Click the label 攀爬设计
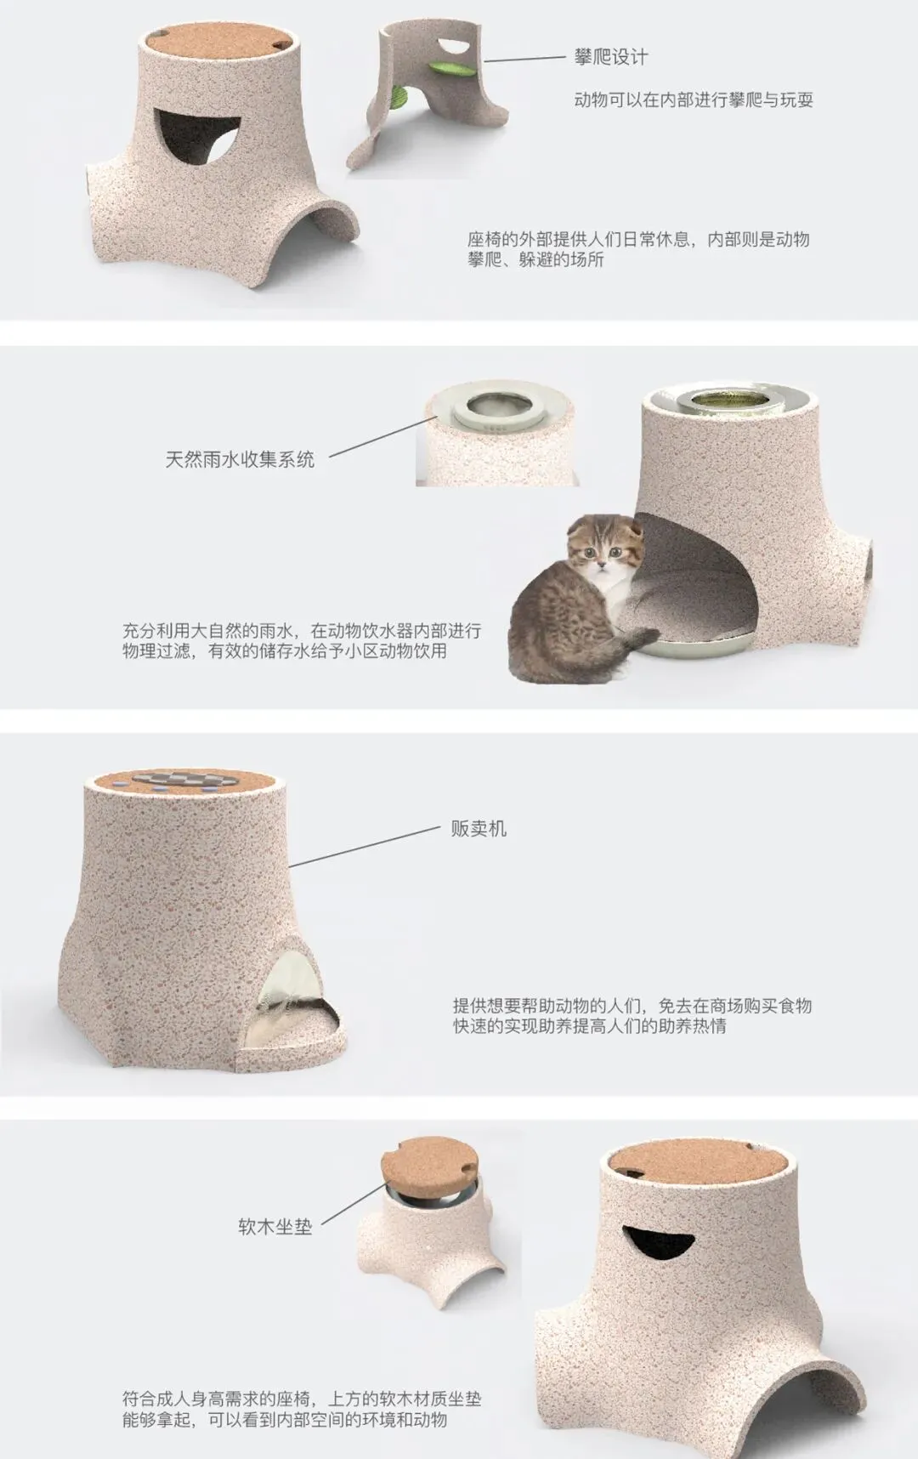click(611, 58)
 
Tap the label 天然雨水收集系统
click(240, 460)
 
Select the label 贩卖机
click(479, 828)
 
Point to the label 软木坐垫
click(275, 1227)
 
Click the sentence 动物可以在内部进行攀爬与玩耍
click(694, 100)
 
